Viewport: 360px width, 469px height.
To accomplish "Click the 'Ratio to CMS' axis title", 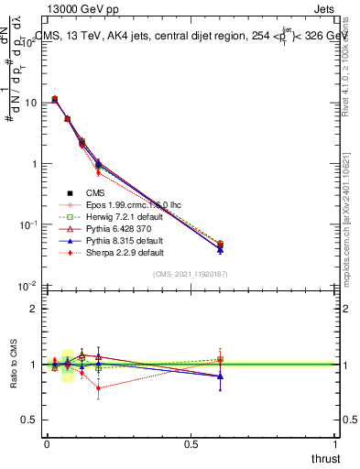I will (x=12, y=365).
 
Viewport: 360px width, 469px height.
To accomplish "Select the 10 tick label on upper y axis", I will (x=32, y=103).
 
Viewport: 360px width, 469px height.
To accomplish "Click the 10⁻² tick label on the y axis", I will (x=28, y=287).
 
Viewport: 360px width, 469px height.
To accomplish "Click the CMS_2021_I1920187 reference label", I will (x=189, y=274).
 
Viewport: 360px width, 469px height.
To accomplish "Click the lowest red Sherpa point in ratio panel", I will (x=98, y=388).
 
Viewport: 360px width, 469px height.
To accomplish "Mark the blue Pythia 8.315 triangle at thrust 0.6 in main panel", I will (x=220, y=249).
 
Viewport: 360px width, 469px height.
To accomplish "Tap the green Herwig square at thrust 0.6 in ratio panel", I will (x=220, y=359).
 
